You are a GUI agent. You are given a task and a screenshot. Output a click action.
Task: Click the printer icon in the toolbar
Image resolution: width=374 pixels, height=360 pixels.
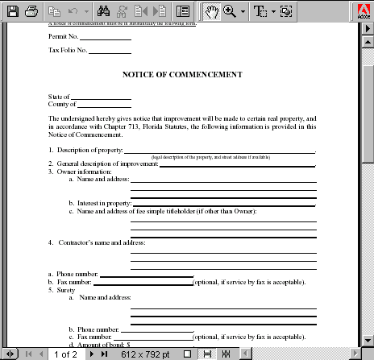point(31,11)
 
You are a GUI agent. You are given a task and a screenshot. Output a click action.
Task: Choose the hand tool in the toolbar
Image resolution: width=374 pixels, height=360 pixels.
point(212,11)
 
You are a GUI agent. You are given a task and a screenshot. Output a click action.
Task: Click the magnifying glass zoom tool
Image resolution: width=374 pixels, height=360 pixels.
point(230,11)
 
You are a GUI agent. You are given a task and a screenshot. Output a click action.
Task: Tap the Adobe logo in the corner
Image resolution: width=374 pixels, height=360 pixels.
point(362,11)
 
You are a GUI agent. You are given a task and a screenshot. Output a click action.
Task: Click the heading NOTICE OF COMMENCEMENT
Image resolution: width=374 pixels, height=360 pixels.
point(182,75)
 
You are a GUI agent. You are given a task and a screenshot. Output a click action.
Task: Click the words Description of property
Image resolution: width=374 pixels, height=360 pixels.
point(89,151)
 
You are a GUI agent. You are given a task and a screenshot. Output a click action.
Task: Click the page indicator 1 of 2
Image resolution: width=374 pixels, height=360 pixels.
point(65,354)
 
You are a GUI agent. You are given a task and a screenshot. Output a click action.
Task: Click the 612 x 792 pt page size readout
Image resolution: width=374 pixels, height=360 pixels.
point(146,354)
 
